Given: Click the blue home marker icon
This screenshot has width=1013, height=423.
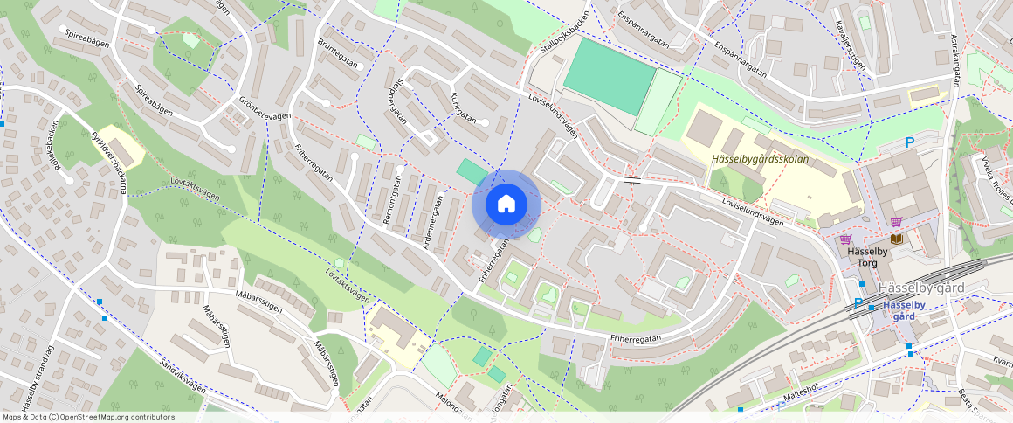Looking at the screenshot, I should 506,205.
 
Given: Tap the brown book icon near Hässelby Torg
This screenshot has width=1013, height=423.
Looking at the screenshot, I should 896,239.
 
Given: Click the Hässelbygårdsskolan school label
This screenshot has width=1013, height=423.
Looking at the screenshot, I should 759,160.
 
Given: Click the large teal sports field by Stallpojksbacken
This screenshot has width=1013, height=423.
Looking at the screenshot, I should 609,76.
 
